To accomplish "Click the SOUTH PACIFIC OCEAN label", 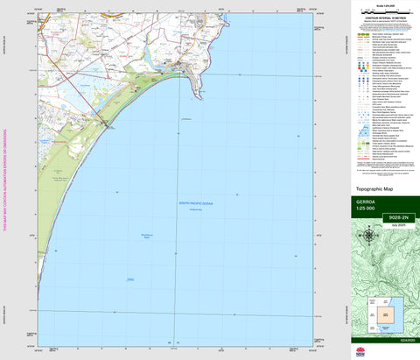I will pyautogui.click(x=197, y=202).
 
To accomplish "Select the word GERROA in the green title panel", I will pyautogui.click(x=365, y=201).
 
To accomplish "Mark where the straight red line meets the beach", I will pyautogui.click(x=107, y=125).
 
